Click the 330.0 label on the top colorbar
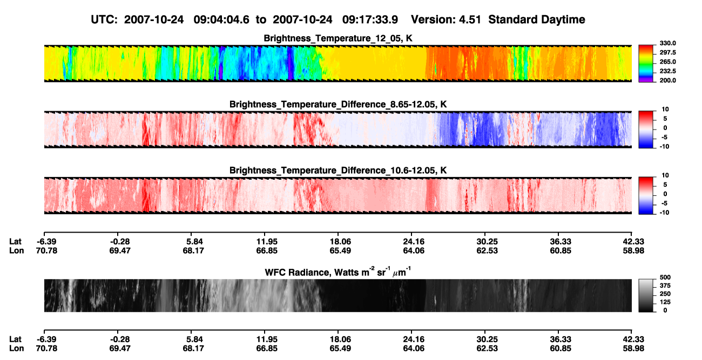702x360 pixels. coord(667,43)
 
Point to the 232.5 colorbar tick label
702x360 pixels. coord(667,71)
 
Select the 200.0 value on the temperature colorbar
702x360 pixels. coord(667,80)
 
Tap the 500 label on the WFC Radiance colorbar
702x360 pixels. coord(665,277)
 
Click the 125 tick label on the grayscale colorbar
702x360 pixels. coord(665,302)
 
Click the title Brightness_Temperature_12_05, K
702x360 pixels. coord(338,38)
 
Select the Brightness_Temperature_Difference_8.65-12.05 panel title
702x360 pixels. coord(338,104)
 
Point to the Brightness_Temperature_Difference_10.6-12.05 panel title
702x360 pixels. coord(338,171)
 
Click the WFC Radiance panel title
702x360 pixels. coord(338,272)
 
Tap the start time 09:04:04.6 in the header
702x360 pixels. coord(221,20)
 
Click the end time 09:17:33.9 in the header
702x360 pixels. coord(370,20)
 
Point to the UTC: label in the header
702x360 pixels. coord(104,20)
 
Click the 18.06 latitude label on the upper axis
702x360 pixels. coord(340,242)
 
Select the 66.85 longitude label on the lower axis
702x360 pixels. coord(267,349)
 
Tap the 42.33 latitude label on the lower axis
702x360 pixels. coord(633,339)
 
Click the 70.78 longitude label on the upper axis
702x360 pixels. coord(46,250)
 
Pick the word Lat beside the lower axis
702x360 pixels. coord(15,339)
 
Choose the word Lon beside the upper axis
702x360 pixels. coord(17,250)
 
